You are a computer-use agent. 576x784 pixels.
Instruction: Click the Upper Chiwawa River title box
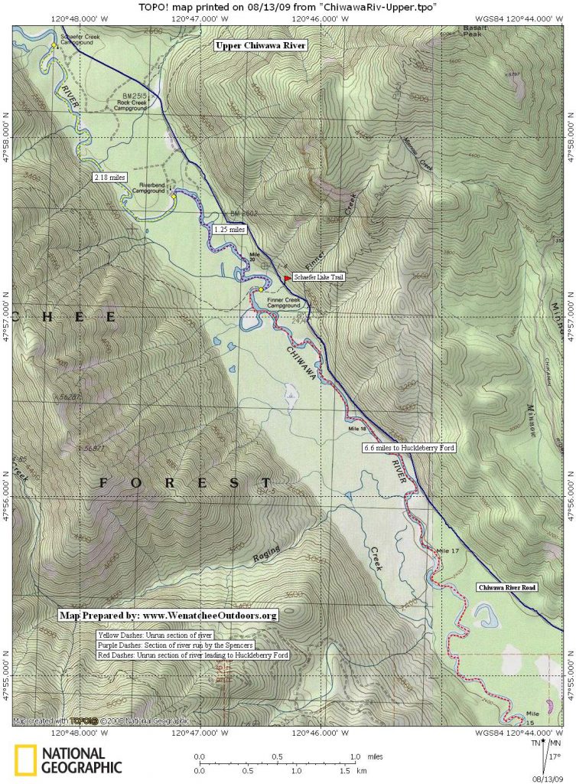261,46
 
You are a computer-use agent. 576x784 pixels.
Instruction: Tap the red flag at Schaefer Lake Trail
287,278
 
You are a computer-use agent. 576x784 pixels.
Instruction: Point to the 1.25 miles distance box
229,229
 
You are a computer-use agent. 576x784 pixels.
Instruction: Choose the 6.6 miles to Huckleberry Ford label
409,447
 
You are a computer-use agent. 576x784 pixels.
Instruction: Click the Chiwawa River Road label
508,587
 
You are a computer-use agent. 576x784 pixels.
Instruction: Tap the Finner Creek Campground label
284,303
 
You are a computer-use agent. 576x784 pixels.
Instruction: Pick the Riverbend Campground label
149,188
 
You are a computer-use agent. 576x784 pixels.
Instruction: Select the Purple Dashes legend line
175,645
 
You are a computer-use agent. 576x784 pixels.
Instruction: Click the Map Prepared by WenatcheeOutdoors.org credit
168,616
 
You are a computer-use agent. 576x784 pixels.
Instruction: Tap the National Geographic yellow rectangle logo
25,761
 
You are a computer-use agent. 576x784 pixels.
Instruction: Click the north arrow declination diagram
545,754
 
